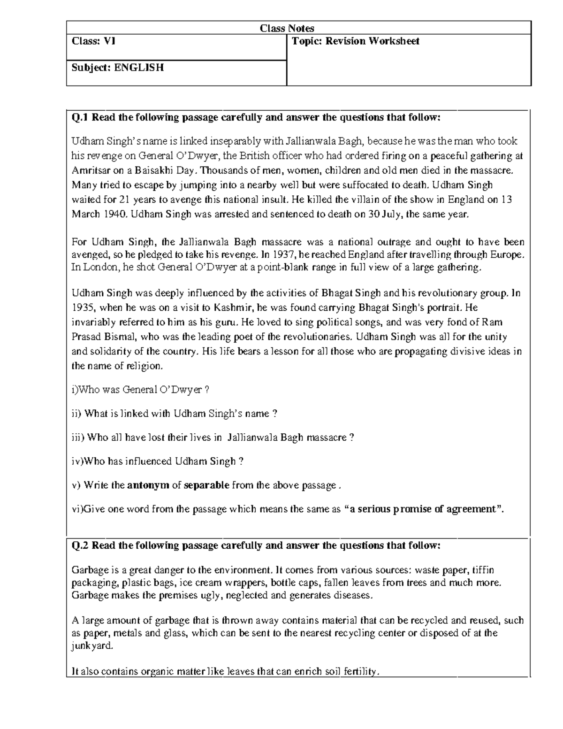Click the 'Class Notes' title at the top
click(287, 28)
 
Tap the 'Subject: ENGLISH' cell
click(118, 68)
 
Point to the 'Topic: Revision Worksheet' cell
click(355, 41)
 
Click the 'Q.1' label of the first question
click(80, 117)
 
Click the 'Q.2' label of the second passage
click(80, 545)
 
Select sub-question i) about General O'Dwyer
click(140, 390)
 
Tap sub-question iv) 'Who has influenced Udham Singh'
click(157, 461)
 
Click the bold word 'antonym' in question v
click(148, 485)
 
